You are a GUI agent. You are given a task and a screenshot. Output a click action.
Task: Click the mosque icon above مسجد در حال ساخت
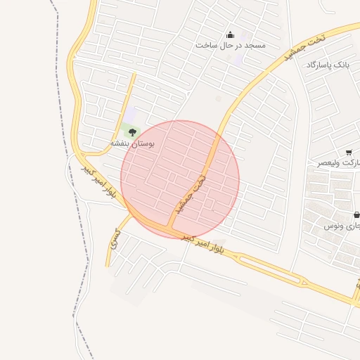[230, 35]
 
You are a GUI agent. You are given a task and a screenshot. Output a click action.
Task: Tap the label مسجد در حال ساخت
[230, 46]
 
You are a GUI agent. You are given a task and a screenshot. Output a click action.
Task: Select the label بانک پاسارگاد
[327, 65]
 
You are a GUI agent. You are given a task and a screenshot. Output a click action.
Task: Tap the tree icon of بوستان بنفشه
[132, 131]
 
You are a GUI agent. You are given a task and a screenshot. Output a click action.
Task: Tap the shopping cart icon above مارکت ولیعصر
[349, 152]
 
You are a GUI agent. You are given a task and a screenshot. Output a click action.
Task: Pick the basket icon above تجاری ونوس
[356, 214]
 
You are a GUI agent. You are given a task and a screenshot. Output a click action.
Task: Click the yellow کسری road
[110, 250]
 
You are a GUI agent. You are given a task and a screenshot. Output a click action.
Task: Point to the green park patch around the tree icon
[127, 129]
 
